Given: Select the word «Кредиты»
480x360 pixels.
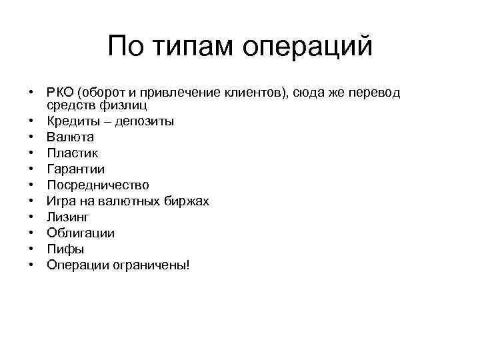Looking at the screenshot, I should (x=71, y=121).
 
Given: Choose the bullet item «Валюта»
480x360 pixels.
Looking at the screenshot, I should (x=70, y=137).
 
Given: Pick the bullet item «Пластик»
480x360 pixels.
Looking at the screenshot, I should (x=71, y=153).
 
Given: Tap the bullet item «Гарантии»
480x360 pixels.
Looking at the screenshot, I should (x=75, y=169).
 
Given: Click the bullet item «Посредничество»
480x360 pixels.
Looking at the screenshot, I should (x=97, y=185).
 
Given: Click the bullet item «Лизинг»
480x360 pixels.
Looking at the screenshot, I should (x=67, y=217).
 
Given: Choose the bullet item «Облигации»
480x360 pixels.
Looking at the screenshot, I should (x=80, y=233).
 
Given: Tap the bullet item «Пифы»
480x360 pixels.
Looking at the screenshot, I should (x=65, y=249).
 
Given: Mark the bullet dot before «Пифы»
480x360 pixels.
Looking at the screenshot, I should (x=31, y=249).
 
